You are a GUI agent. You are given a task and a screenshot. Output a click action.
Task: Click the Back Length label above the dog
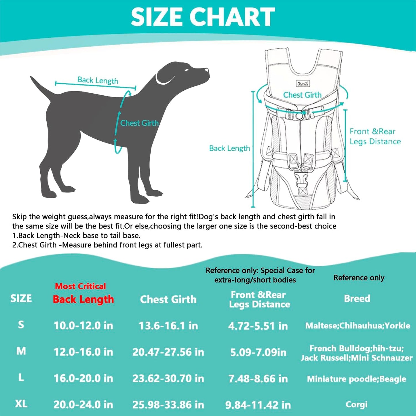98,80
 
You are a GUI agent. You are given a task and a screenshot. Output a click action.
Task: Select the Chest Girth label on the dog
139,123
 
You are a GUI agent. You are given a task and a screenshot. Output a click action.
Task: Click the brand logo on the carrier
303,84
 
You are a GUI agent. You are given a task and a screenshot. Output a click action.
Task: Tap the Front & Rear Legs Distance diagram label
375,136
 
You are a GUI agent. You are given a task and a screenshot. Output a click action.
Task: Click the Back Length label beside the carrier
229,148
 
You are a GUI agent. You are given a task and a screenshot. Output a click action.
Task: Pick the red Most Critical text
80,286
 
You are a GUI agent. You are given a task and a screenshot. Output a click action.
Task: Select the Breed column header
357,299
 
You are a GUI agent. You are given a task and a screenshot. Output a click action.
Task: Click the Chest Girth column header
168,299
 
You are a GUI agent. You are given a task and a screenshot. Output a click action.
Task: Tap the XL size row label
21,404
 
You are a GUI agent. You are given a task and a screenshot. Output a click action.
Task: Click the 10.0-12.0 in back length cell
83,326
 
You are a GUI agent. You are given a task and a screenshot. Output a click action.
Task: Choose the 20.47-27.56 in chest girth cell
168,352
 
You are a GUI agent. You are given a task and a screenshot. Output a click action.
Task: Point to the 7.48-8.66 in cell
258,379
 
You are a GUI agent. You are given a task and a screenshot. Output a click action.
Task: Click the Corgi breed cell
356,404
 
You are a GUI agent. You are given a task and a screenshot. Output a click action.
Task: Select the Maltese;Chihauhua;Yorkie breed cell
358,326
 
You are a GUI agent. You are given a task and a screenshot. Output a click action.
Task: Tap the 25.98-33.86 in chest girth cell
168,405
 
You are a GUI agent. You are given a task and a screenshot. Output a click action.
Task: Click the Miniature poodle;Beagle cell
356,379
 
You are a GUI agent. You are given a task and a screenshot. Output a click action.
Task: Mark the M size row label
21,351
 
